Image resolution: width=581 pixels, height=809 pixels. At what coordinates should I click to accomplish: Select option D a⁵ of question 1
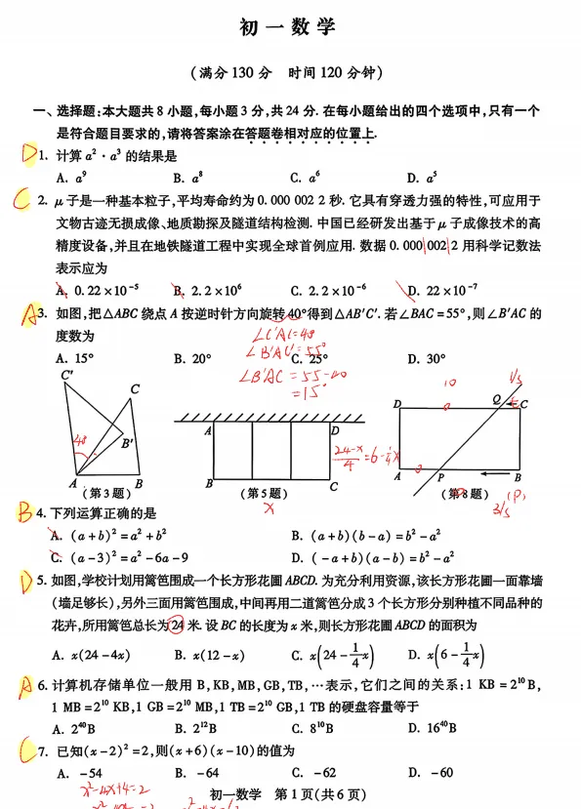422,178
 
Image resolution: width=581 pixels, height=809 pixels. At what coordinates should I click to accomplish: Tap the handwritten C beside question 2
21,201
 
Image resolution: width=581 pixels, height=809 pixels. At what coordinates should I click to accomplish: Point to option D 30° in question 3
422,358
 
